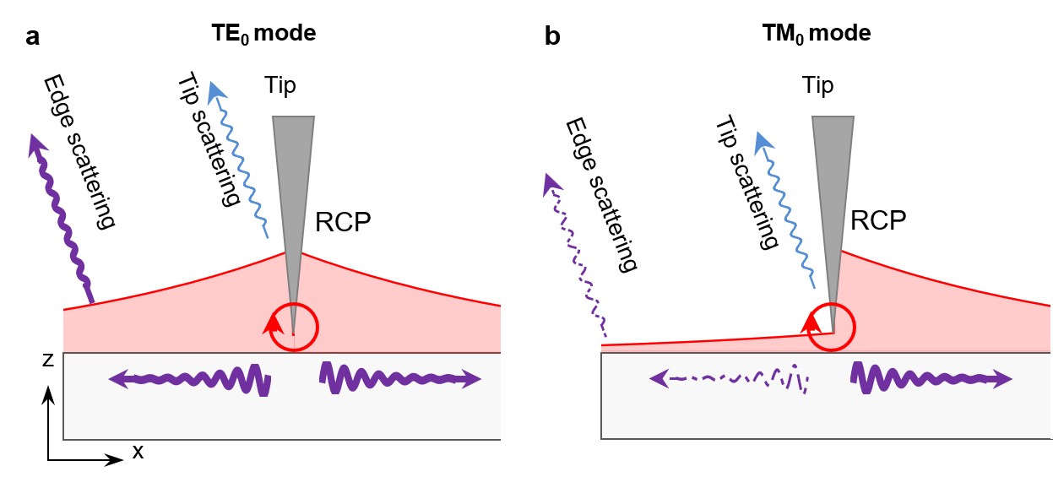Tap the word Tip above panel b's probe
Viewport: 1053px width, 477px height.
818,85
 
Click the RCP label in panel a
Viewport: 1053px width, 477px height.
344,222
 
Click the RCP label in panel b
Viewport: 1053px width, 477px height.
879,220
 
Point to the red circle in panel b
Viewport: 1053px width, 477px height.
832,328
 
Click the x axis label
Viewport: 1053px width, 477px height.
138,453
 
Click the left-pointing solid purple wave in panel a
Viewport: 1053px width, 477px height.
189,380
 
